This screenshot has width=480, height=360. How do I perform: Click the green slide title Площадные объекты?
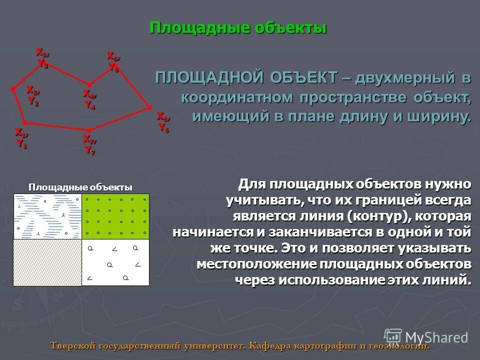pos(238,27)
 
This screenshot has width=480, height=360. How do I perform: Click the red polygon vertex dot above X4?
pos(89,84)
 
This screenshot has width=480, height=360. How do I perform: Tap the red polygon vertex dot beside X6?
pos(149,107)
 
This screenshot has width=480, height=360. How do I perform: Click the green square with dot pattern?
pos(115,216)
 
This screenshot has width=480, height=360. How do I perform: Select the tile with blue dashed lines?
pos(47,216)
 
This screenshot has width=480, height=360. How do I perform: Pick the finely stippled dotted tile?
pos(47,262)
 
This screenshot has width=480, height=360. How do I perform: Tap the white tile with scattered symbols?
pos(115,262)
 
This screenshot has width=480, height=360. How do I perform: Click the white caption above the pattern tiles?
pos(80,187)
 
